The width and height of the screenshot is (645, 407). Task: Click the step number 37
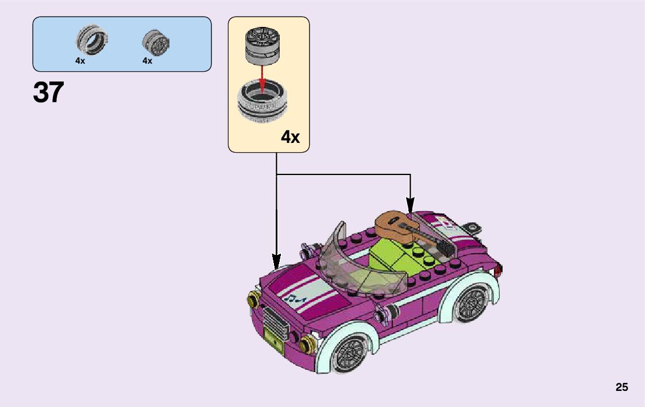tap(48, 92)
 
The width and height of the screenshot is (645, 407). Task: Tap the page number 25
tap(621, 387)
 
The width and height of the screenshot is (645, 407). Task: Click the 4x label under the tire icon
tap(80, 61)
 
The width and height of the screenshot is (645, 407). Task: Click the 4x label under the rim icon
tap(148, 61)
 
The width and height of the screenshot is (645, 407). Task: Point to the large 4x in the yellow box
tap(290, 137)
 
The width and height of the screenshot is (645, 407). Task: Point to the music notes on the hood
tap(295, 298)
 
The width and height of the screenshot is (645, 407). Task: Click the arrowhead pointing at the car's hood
tap(276, 262)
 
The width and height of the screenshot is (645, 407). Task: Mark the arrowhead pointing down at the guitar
tap(410, 205)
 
